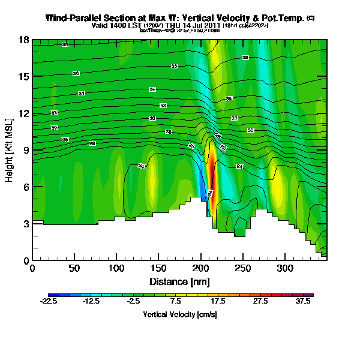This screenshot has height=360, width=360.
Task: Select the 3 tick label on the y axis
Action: pyautogui.click(x=25, y=224)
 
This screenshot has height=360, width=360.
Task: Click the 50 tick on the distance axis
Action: pyautogui.click(x=74, y=260)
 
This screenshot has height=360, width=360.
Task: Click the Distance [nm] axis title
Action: pyautogui.click(x=179, y=281)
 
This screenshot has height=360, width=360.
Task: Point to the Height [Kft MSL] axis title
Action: pyautogui.click(x=10, y=150)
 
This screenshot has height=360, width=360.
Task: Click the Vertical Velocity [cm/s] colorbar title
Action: pyautogui.click(x=179, y=314)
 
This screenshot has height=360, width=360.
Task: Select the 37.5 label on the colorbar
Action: pyautogui.click(x=304, y=302)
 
